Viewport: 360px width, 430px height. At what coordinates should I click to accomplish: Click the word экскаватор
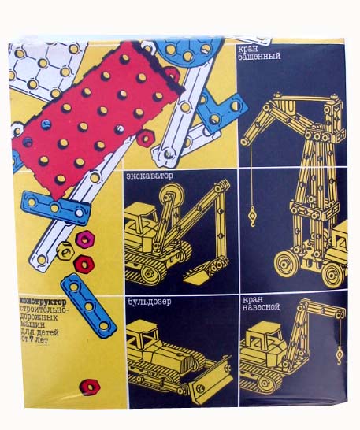pos(150,176)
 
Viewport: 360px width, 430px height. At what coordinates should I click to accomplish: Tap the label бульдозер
pos(150,302)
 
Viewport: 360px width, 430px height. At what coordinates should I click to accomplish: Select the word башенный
pos(259,57)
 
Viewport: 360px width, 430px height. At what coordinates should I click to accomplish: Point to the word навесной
pos(261,306)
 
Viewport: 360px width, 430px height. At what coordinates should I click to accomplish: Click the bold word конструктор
pos(43,302)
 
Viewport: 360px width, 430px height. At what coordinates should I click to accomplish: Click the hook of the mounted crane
pos(340,355)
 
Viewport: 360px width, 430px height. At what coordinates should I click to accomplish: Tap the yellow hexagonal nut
pos(65,250)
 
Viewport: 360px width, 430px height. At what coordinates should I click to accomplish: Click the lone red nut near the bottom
pos(89,387)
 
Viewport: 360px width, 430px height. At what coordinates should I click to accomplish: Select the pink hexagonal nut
pos(85,239)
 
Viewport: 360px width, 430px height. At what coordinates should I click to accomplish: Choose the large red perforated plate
pos(96,120)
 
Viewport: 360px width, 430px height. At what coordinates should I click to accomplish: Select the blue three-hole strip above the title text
pos(56,208)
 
